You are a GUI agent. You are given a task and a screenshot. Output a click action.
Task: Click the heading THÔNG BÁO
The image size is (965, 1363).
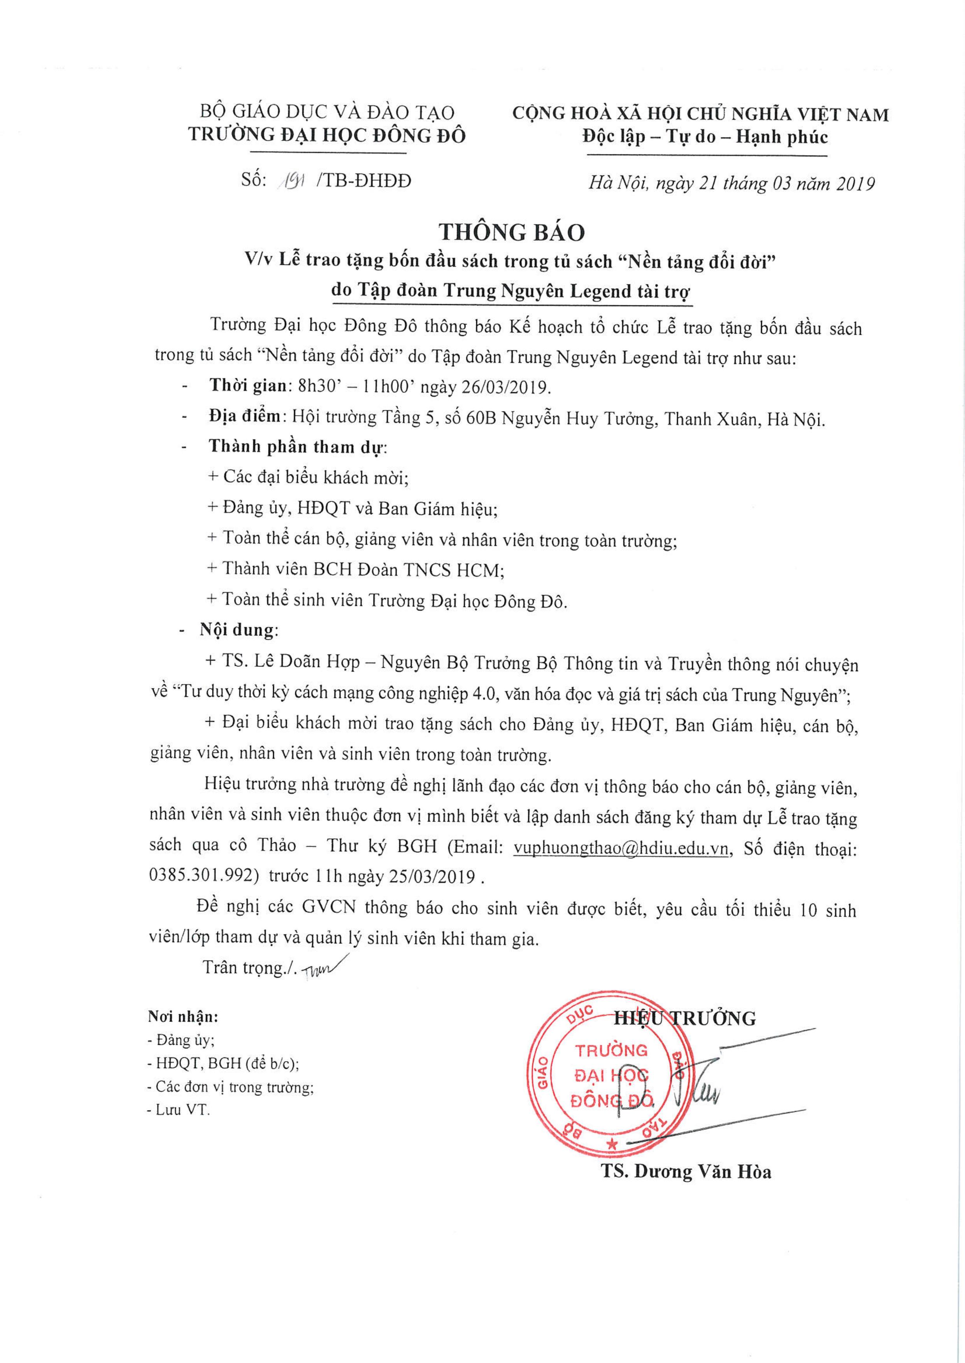coord(512,232)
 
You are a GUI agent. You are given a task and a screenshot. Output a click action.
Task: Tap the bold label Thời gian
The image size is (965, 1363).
coord(248,386)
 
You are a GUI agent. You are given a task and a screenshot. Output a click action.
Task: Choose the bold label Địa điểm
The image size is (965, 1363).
coord(244,417)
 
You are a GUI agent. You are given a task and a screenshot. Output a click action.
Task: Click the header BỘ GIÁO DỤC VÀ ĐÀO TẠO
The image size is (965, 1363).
coord(327,112)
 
